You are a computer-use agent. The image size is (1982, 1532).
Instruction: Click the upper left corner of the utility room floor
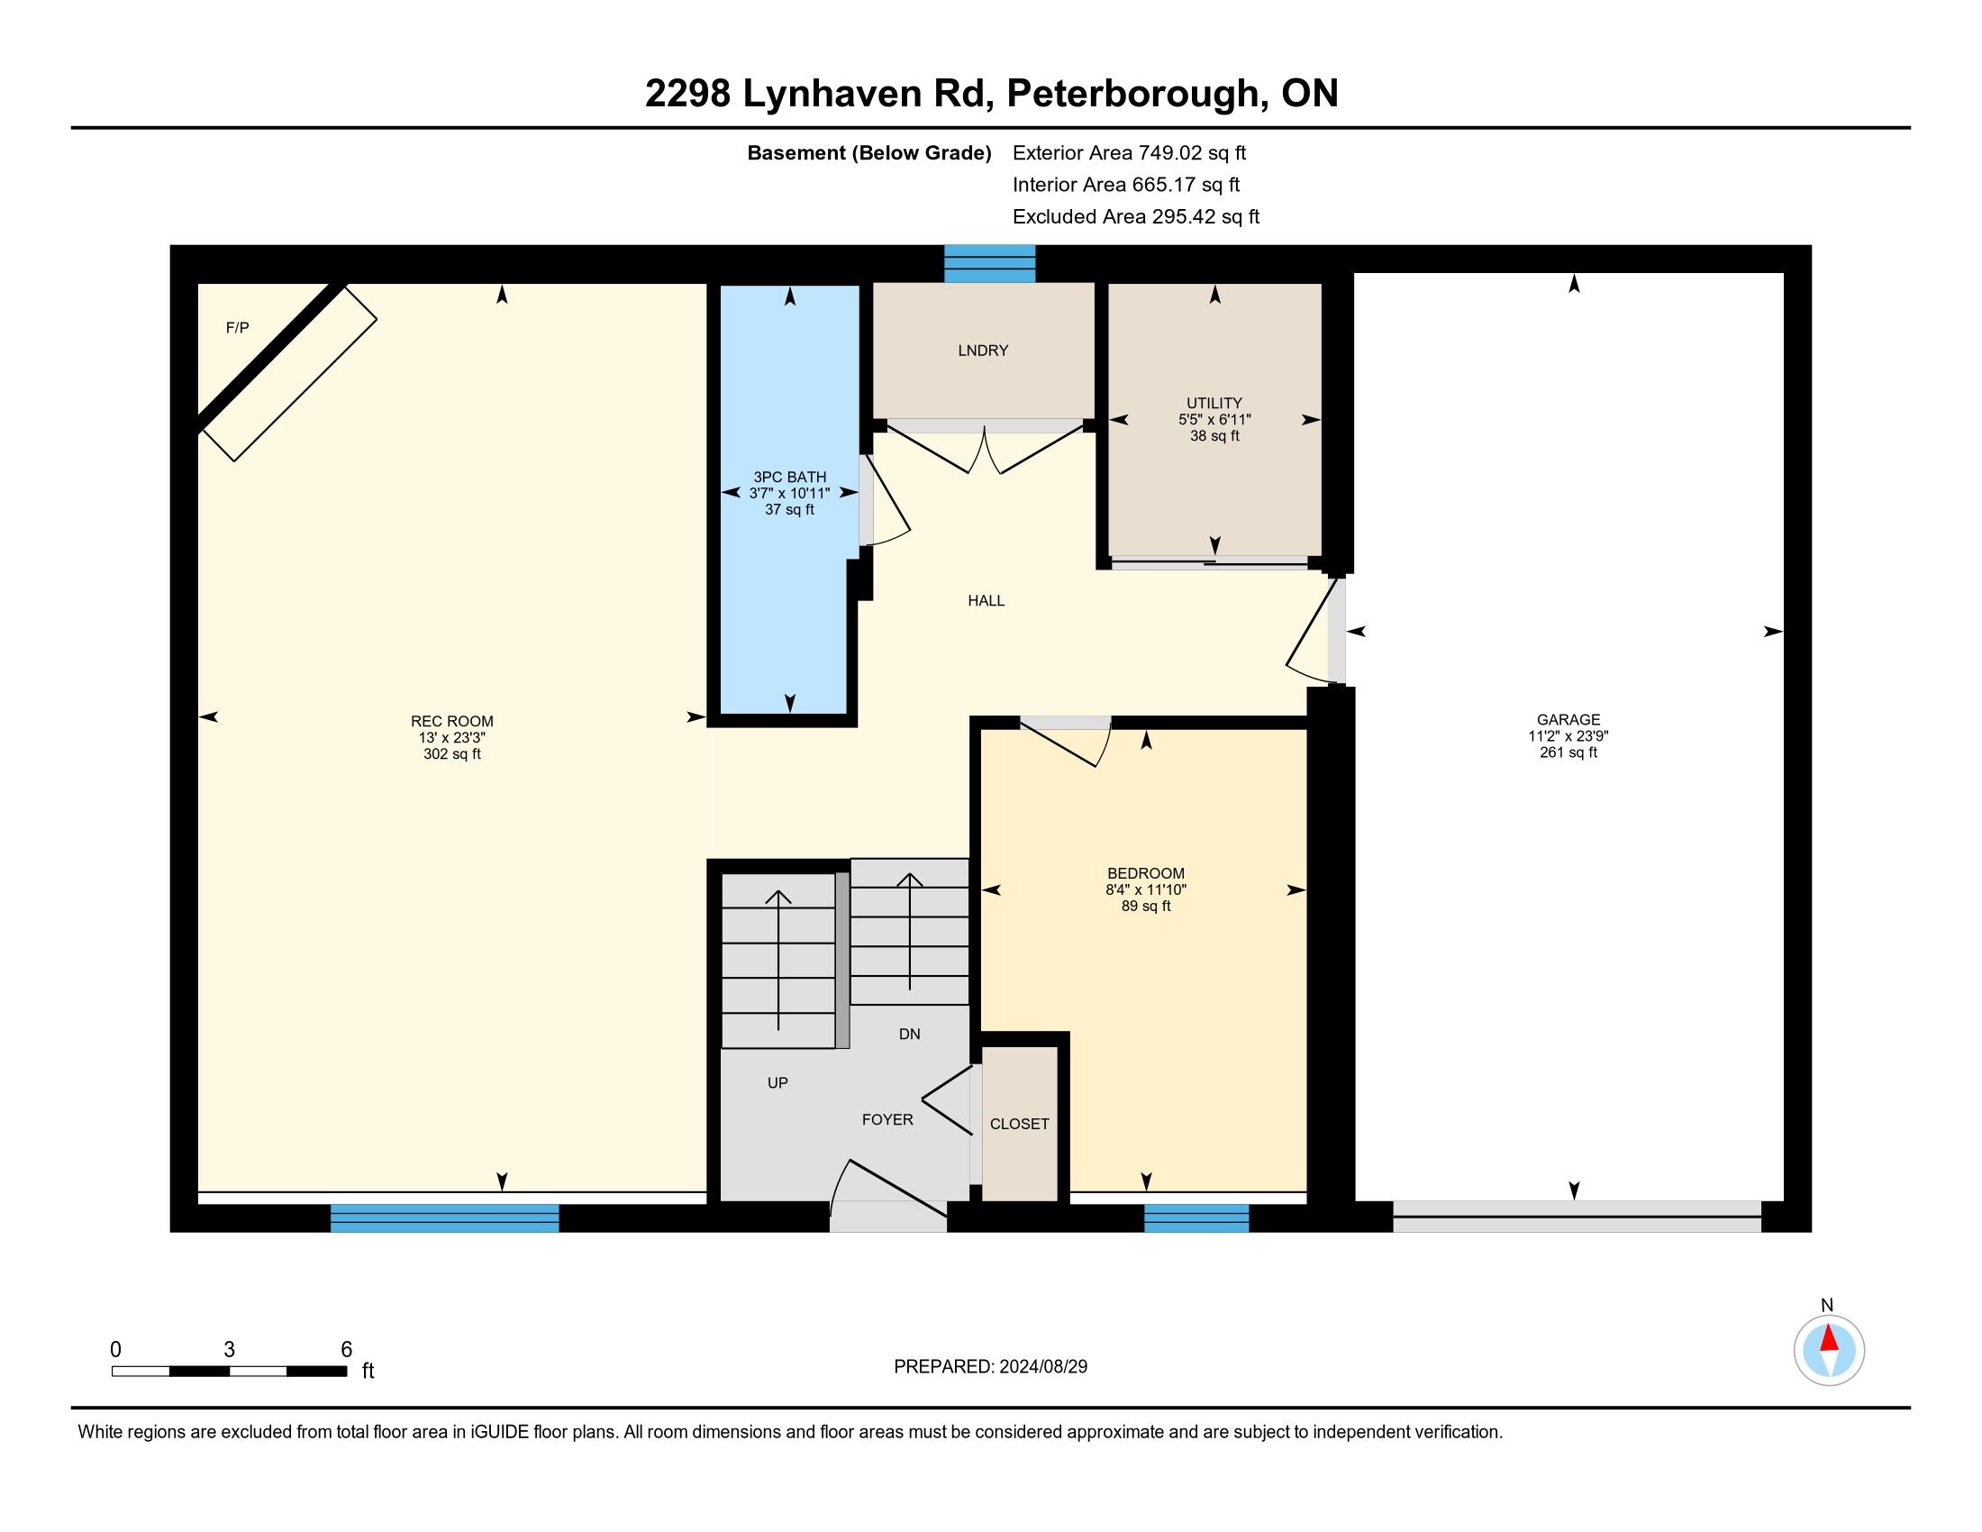[x=1110, y=285]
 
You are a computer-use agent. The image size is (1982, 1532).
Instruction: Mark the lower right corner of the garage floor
[x=1783, y=1199]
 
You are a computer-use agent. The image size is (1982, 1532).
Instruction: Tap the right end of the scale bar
[x=347, y=1372]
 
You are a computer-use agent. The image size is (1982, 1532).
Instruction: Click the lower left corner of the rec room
[x=199, y=1190]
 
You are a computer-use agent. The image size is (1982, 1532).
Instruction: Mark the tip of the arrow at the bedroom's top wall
[x=1146, y=732]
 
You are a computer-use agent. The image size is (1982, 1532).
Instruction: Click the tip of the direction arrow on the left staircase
[x=777, y=891]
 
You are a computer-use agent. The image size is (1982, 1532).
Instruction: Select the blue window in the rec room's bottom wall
[x=445, y=1218]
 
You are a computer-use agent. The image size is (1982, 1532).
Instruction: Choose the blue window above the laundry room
[x=990, y=263]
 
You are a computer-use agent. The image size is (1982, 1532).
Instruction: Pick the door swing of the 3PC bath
[x=885, y=500]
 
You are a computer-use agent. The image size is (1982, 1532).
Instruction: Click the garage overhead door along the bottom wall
[x=1577, y=1217]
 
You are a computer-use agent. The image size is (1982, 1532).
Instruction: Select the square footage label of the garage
[x=1568, y=752]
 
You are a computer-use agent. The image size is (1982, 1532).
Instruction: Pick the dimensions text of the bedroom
[x=1146, y=890]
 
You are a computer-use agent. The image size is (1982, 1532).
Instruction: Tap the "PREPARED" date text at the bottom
[x=991, y=1367]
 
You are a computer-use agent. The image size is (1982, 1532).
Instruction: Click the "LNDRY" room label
[x=983, y=351]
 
